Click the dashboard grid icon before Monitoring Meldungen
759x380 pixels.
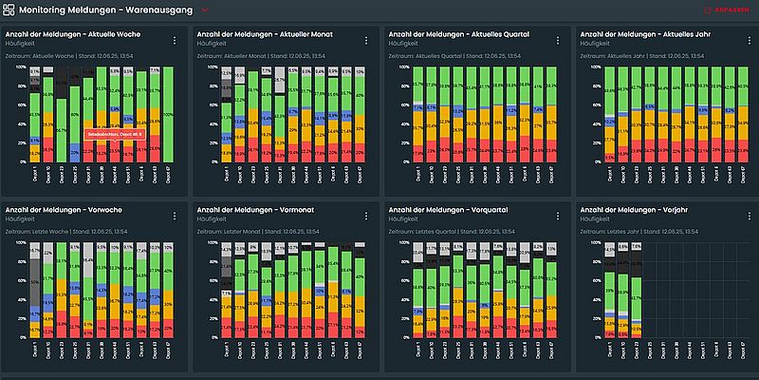[9, 10]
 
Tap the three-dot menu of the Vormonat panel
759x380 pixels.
[364, 215]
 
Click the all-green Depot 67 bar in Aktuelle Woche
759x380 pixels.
[168, 114]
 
